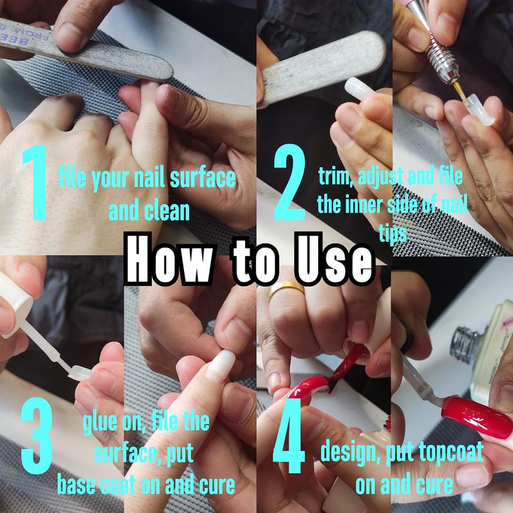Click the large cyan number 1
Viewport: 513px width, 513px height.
(x=35, y=183)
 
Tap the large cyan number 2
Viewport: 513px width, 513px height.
(x=290, y=181)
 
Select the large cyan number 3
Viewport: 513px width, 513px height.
(x=37, y=436)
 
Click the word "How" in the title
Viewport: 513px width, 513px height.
(x=169, y=259)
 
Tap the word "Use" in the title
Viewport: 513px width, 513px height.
(x=334, y=258)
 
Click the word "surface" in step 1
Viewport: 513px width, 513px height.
(x=203, y=178)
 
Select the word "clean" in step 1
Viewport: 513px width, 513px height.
(x=167, y=211)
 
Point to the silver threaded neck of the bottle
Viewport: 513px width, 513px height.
(x=463, y=347)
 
